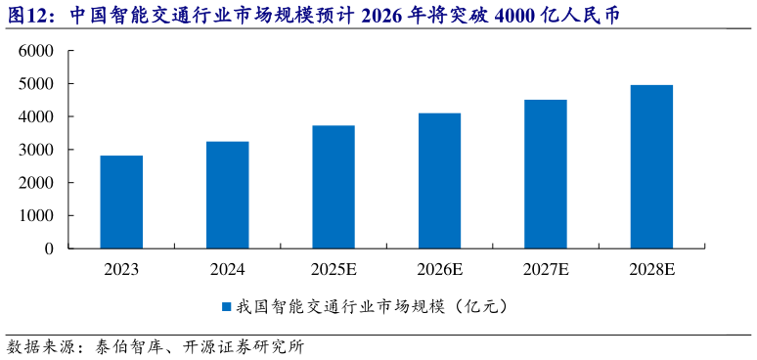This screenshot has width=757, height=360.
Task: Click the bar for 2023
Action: click(x=121, y=202)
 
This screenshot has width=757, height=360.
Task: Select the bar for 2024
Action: click(x=227, y=195)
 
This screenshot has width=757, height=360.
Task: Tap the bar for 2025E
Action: click(x=334, y=187)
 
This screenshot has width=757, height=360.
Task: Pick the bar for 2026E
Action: click(x=439, y=180)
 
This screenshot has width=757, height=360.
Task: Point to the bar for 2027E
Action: click(x=546, y=174)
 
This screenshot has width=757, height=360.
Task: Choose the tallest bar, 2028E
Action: click(x=651, y=166)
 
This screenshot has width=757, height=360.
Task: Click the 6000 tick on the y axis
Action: click(x=36, y=51)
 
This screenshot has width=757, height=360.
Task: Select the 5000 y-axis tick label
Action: click(x=36, y=84)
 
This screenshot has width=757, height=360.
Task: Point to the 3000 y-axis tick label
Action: click(x=36, y=150)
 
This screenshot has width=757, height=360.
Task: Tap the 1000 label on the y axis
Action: click(x=36, y=215)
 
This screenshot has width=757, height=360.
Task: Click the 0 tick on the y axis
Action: click(x=49, y=248)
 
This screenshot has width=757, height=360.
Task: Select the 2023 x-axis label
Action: click(x=121, y=269)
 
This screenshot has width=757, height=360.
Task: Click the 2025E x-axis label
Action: click(x=334, y=269)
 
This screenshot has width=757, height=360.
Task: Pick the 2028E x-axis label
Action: click(x=651, y=269)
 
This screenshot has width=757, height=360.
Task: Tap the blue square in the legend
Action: click(x=225, y=306)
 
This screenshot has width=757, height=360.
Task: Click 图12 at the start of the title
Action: click(x=27, y=16)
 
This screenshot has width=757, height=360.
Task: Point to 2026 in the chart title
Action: click(x=400, y=16)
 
